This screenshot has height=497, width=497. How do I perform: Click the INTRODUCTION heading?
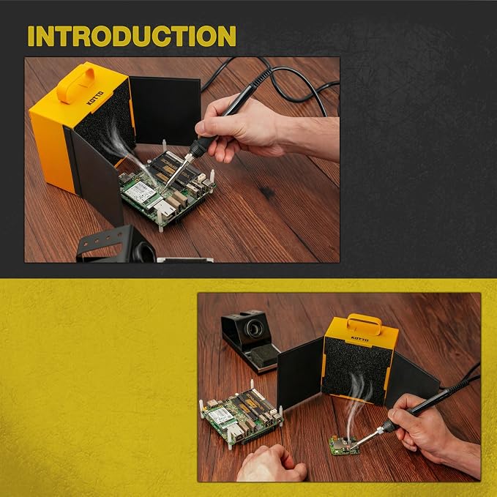click(x=132, y=36)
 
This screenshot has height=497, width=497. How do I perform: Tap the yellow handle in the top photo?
click(x=75, y=85)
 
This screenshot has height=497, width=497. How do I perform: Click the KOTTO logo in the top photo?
click(x=95, y=97)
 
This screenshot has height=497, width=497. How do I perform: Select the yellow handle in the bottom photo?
click(x=365, y=324)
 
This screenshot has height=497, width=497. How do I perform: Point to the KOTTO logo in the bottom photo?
click(x=359, y=340)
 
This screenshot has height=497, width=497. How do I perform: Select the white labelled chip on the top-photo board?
click(x=140, y=193)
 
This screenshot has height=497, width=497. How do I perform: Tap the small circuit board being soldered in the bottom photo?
click(x=344, y=445)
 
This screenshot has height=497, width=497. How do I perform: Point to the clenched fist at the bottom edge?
click(x=272, y=463)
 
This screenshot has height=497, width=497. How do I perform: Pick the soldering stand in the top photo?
click(x=116, y=244)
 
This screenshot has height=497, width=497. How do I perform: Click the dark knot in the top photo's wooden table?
click(x=267, y=192)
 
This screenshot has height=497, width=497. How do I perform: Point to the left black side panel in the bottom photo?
click(x=300, y=373)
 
